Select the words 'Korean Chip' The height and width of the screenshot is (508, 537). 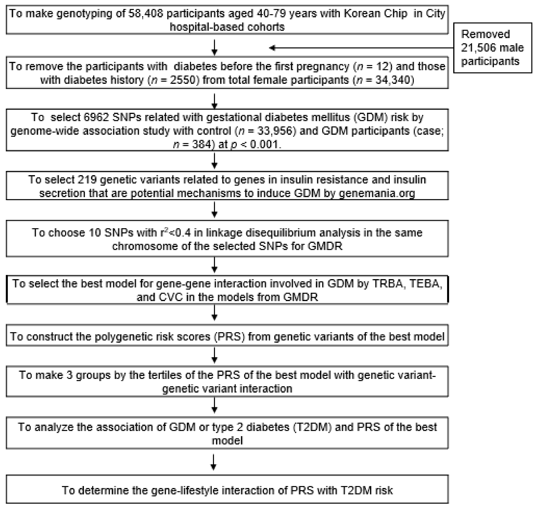tap(375, 13)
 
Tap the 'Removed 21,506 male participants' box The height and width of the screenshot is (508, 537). tap(493, 48)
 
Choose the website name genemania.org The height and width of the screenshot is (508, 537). tap(377, 193)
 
